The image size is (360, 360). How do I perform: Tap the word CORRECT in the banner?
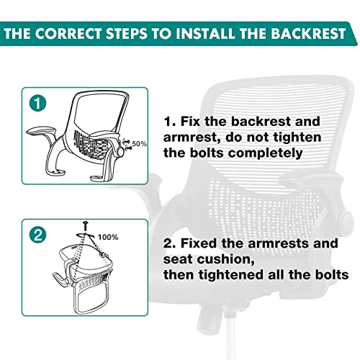click(68, 33)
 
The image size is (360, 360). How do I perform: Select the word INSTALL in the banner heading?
click(205, 33)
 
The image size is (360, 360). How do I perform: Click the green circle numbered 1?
click(37, 103)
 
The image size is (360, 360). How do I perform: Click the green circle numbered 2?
click(37, 235)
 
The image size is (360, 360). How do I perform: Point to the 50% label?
click(139, 144)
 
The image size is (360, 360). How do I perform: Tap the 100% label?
click(108, 238)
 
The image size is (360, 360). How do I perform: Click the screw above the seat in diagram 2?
click(86, 226)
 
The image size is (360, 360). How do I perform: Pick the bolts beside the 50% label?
click(127, 145)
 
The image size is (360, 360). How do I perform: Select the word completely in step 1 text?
click(265, 153)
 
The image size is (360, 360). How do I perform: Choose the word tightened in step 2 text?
click(231, 274)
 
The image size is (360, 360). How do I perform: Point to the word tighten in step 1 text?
click(297, 138)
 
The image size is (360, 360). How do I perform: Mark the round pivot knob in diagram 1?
click(120, 151)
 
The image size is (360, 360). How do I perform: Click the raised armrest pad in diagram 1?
click(41, 131)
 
